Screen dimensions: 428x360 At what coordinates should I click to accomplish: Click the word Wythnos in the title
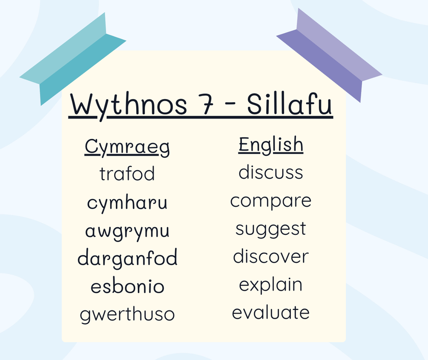pos(129,105)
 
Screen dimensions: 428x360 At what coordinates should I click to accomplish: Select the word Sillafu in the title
pos(289,104)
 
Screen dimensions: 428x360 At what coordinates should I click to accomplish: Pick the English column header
pos(271,145)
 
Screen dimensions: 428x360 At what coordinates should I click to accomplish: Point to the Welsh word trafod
pos(127,174)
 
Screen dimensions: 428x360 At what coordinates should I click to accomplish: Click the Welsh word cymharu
pos(127,203)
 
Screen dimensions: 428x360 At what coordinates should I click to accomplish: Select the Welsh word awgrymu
pos(127,232)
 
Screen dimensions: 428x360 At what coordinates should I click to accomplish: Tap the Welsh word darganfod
pos(128,258)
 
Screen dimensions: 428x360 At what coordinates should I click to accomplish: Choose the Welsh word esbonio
pos(128,286)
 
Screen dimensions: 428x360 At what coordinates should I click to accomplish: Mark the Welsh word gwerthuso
pos(127,315)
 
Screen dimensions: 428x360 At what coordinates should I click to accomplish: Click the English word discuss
pos(271,172)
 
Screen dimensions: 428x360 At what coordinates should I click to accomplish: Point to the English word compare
pos(271,202)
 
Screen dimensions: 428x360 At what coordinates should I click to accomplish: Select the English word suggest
pos(271,230)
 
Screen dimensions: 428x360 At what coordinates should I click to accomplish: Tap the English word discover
pos(271,256)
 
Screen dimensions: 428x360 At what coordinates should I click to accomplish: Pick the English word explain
pos(271,285)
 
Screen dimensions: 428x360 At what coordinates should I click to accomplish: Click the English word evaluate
pos(271,312)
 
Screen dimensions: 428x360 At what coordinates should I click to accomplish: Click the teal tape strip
pos(73,59)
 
